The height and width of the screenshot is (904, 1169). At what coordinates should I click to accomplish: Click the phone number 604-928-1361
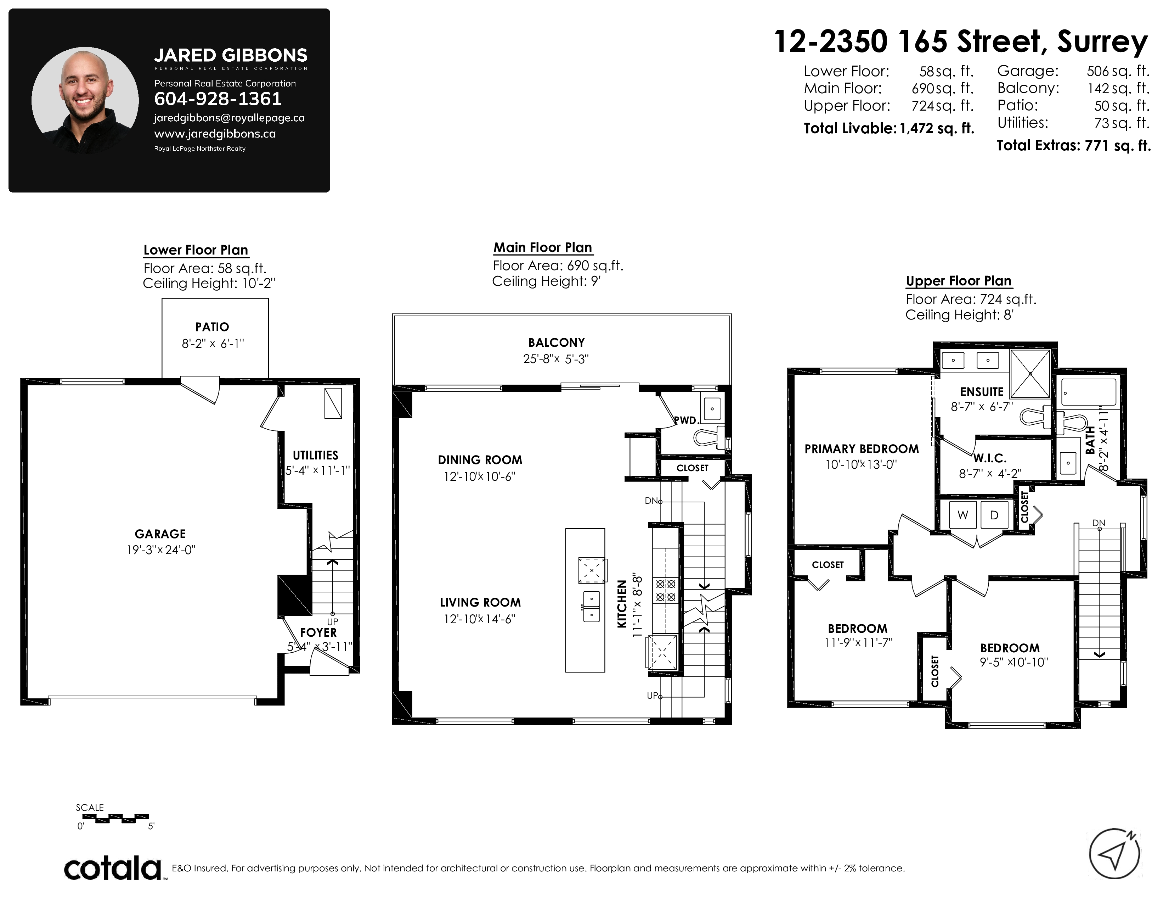coord(218,99)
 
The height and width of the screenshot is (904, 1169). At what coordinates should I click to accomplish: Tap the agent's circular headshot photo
coord(85,100)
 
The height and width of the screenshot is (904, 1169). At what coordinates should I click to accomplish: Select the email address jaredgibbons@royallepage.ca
coord(229,118)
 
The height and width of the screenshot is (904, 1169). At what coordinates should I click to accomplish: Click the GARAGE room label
coord(160,534)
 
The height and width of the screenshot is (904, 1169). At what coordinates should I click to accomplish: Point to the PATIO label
coord(212,327)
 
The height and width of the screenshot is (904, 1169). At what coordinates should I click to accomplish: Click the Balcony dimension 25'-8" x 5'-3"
coord(556,359)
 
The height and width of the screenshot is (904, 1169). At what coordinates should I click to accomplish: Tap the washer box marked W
coord(963,515)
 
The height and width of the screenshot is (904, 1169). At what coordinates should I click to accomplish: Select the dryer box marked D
coord(994,515)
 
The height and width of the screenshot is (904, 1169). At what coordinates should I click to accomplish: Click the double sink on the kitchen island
coord(591,606)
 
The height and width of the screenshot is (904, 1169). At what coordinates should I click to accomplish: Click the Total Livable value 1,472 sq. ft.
coord(937,129)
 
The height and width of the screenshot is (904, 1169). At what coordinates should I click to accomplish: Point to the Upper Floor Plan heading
coord(958,281)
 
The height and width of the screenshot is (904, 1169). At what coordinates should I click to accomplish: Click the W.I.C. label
coord(990,458)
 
